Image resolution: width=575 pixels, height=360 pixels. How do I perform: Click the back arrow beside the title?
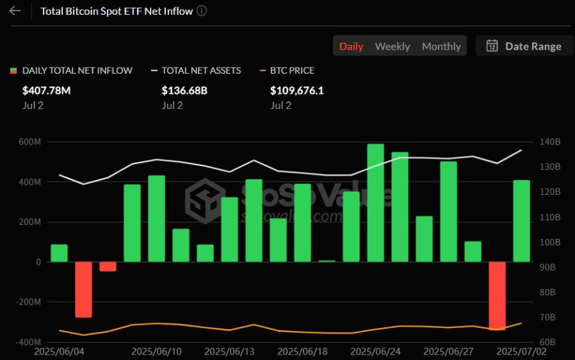point(15,11)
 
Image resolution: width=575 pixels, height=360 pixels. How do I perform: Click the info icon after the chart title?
point(202,11)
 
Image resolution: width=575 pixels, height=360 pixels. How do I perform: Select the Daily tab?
point(351,46)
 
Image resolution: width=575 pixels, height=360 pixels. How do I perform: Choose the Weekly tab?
point(392,46)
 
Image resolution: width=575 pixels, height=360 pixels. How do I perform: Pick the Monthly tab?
point(441,46)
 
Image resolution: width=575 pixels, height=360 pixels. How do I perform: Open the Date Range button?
point(524,46)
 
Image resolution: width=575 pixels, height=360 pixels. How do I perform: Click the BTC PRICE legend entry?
point(292,70)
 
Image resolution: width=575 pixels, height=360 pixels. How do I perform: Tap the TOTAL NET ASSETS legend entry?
point(201,70)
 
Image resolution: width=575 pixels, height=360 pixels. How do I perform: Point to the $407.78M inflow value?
point(46,90)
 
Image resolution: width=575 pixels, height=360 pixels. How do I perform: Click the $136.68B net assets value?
point(185,90)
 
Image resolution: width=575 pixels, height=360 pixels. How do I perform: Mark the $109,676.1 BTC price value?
point(297,90)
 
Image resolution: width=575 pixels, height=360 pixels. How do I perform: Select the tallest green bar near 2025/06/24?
point(376,202)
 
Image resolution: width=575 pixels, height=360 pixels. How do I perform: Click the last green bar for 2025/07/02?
point(522,221)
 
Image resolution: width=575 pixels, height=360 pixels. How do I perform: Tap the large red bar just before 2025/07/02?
point(497,294)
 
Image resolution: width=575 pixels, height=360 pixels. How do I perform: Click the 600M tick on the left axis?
point(29,142)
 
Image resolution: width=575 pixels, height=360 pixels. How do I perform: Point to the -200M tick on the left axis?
point(27,302)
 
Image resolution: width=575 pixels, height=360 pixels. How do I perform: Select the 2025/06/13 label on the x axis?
point(229,351)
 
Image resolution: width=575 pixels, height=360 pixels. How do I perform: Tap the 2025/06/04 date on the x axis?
point(59,351)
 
